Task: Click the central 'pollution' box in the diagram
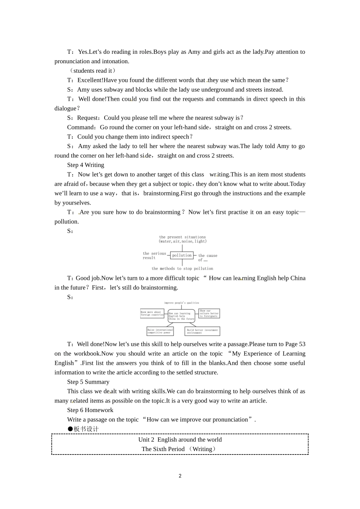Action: coord(182,256)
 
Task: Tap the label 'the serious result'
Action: coord(154,256)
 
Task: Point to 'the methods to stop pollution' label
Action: coord(182,269)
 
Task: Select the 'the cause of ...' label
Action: coord(207,258)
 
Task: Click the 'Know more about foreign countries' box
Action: coord(152,313)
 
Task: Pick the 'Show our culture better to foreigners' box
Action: coord(209,313)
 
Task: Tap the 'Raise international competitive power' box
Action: coord(160,331)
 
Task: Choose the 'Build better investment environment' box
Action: coord(202,331)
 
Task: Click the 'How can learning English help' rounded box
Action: coord(182,316)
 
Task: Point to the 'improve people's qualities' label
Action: coord(181,303)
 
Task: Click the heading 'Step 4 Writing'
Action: coord(86,165)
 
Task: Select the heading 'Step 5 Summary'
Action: coord(88,382)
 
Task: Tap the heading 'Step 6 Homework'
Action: coord(90,410)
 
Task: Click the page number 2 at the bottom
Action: coord(180,476)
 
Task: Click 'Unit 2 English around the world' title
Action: coord(180,440)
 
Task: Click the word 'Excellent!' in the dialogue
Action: coord(90,80)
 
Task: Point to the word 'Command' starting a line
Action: coord(81,127)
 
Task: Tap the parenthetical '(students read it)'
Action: coord(93,71)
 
